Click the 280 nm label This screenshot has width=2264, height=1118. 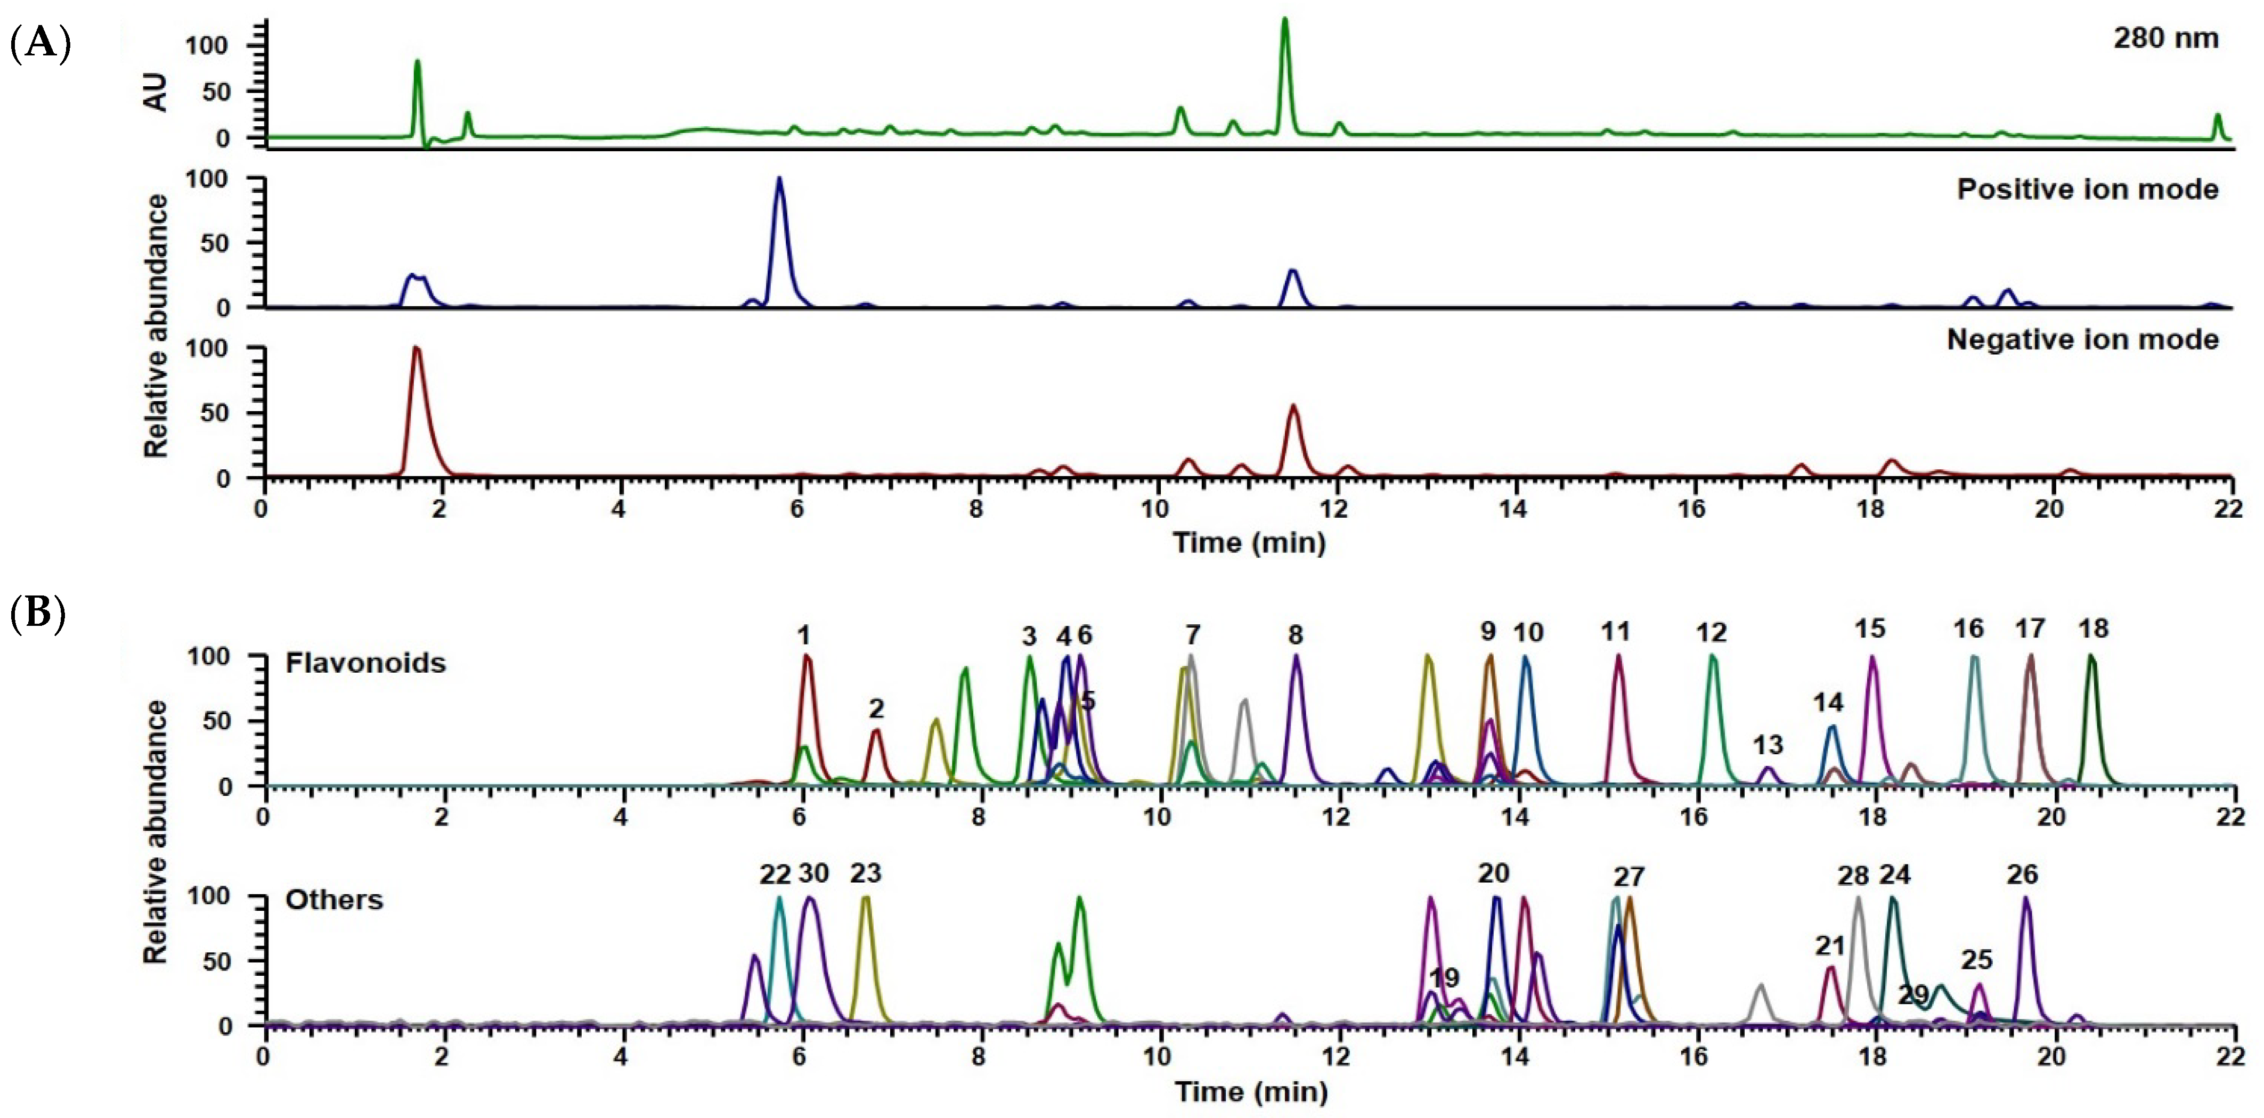click(2165, 39)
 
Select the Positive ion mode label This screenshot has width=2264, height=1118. click(2087, 190)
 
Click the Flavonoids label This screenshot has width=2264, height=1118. click(365, 663)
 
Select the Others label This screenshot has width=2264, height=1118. click(334, 900)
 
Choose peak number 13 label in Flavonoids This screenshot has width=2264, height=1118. click(1768, 745)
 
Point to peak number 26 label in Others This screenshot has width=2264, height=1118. click(2022, 875)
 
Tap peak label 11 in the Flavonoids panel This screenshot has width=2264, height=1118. click(1615, 631)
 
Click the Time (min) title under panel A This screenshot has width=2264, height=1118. click(1249, 542)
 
